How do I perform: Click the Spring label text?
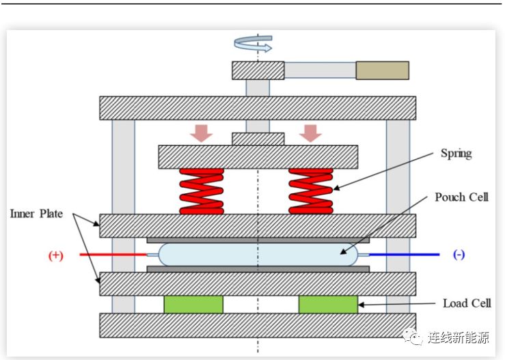456,153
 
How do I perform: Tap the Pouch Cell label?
462,197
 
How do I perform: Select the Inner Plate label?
36,214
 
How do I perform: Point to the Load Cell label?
467,303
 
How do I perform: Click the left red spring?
202,191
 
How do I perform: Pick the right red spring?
312,191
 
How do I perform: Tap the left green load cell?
193,304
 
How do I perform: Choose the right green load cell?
328,304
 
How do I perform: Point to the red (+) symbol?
55,255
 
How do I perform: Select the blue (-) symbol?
459,255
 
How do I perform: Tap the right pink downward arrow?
311,133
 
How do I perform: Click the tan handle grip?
382,70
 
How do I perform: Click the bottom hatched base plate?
258,325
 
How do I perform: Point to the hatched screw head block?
258,70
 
